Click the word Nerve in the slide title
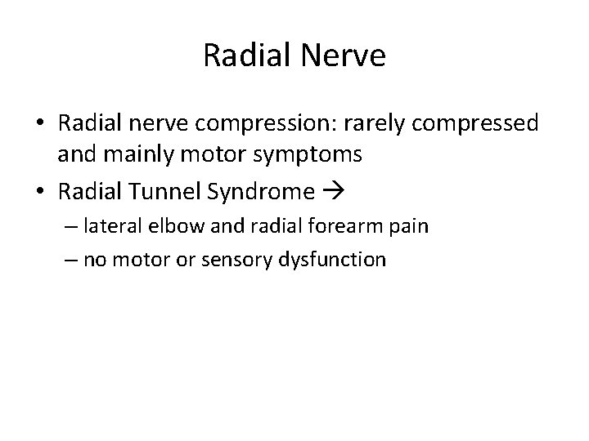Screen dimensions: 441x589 tap(344, 56)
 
